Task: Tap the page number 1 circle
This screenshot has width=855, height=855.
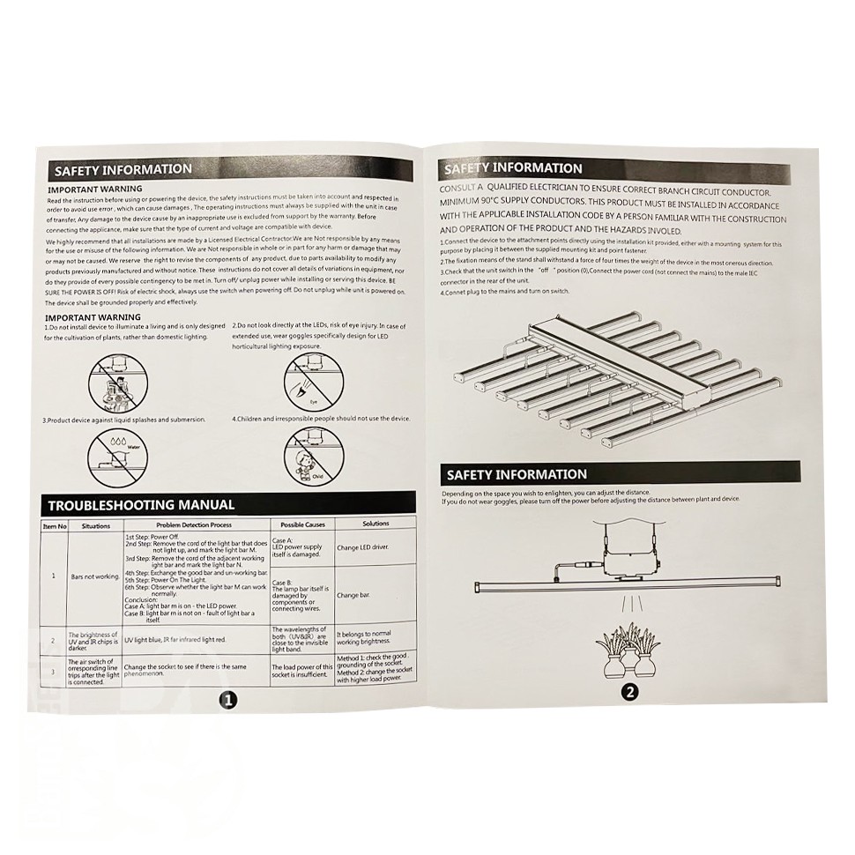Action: click(x=227, y=700)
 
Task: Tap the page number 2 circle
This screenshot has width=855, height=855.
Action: click(x=629, y=692)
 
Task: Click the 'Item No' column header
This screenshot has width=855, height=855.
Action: click(x=55, y=526)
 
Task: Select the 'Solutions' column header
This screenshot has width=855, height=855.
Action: click(x=375, y=524)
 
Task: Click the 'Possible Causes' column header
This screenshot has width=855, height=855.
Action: click(x=301, y=524)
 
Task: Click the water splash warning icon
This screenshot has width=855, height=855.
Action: click(x=115, y=452)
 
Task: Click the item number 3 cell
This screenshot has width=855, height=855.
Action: click(x=54, y=672)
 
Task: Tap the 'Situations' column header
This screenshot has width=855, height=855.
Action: click(x=95, y=526)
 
